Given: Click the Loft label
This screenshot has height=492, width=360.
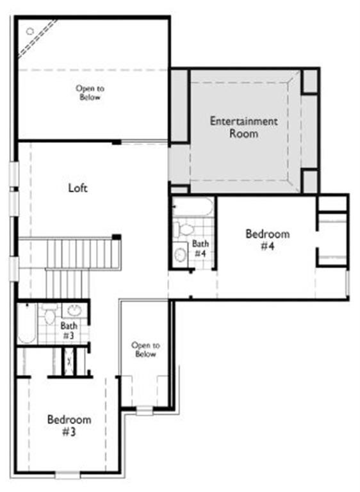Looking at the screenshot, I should point(78,188).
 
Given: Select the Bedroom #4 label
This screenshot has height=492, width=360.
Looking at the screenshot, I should point(267,240).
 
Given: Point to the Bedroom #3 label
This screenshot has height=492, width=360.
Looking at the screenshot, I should point(69,425).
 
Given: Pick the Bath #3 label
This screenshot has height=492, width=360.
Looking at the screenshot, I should point(69,331).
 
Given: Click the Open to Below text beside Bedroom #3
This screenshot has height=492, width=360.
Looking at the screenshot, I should point(145,349).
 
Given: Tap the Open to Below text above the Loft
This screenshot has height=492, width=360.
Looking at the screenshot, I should point(90,94).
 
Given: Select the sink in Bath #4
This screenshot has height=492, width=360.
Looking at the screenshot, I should point(181,255).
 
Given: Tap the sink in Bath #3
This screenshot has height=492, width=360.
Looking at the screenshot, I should point(74,312).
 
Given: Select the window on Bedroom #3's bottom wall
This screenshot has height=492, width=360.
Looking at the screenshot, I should point(67,475).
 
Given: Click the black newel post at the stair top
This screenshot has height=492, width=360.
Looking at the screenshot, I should point(117,238).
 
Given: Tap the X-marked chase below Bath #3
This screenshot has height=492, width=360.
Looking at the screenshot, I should point(69,362).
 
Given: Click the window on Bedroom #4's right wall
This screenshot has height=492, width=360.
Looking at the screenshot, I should point(347,282).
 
